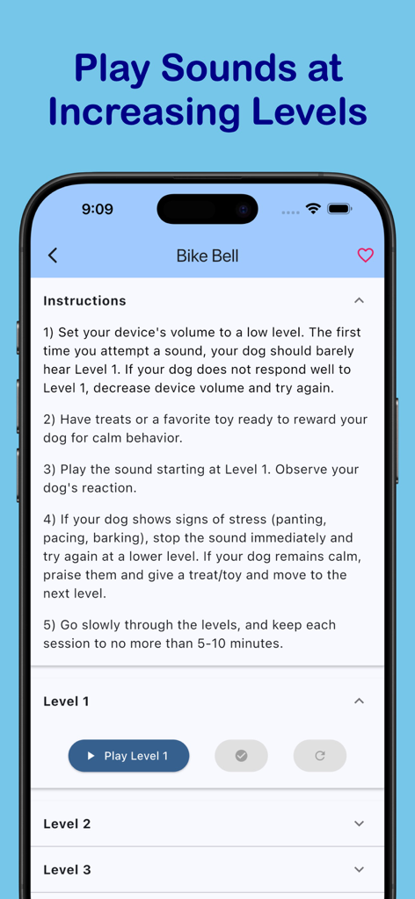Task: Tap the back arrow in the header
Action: pyautogui.click(x=53, y=255)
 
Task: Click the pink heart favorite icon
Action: pyautogui.click(x=365, y=255)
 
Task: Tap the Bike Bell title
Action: pyautogui.click(x=207, y=256)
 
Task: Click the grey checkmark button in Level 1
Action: pyautogui.click(x=241, y=756)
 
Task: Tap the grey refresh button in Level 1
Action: pyautogui.click(x=320, y=756)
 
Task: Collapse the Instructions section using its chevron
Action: pyautogui.click(x=359, y=300)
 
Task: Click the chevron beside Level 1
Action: pyautogui.click(x=359, y=701)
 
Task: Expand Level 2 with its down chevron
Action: pyautogui.click(x=359, y=823)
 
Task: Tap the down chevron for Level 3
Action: pyautogui.click(x=359, y=869)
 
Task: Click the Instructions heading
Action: pyautogui.click(x=84, y=300)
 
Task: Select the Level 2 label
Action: pyautogui.click(x=67, y=823)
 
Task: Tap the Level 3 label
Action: pyautogui.click(x=67, y=869)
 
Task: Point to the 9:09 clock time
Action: pyautogui.click(x=98, y=209)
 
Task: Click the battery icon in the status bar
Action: pyautogui.click(x=339, y=209)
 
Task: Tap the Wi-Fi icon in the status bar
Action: pyautogui.click(x=313, y=209)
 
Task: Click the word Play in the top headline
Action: pyautogui.click(x=112, y=68)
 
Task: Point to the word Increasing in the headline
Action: pyautogui.click(x=143, y=112)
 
